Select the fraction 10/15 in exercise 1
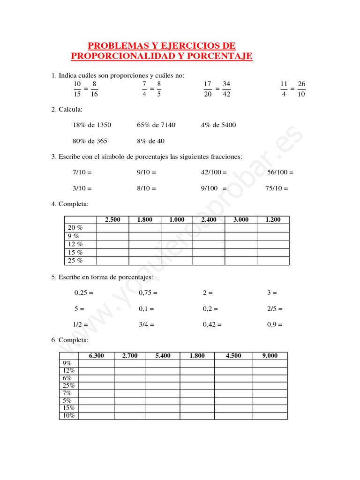click(x=77, y=89)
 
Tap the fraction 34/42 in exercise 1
click(x=226, y=89)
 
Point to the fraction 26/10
click(x=301, y=89)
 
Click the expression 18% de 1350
click(x=92, y=125)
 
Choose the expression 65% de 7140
click(x=156, y=125)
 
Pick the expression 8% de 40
click(x=150, y=141)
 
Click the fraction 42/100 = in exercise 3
click(x=214, y=172)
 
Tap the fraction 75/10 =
click(x=277, y=188)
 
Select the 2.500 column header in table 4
click(x=112, y=219)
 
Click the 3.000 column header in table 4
click(x=241, y=219)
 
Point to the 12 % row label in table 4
click(x=75, y=244)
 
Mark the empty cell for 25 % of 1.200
click(x=273, y=261)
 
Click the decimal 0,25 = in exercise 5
click(x=84, y=293)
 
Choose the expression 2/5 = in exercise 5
click(x=275, y=309)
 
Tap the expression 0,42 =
click(x=212, y=324)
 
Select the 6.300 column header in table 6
click(x=96, y=356)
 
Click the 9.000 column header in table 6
click(x=270, y=356)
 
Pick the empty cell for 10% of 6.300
click(x=96, y=416)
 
